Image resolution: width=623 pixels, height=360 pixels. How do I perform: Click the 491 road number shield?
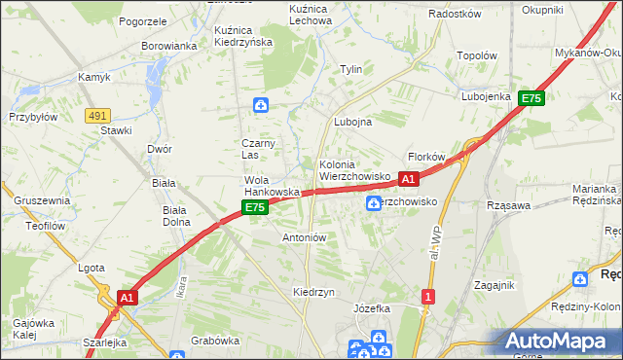(x=96, y=115)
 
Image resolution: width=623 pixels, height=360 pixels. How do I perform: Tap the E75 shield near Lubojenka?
(x=531, y=98)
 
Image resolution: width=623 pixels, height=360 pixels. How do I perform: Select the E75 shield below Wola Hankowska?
(x=254, y=208)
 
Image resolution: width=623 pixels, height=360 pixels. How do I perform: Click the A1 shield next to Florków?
(x=409, y=179)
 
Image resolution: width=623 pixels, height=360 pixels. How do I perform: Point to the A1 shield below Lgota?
(x=127, y=297)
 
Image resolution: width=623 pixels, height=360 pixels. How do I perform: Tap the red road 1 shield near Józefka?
(x=427, y=296)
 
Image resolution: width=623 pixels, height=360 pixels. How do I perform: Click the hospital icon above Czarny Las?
(x=261, y=105)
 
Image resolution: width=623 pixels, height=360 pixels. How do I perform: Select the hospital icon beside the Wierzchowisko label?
(x=374, y=202)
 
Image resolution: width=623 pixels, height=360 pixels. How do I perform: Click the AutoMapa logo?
(x=559, y=342)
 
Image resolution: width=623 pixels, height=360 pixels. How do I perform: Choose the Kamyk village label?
(x=94, y=77)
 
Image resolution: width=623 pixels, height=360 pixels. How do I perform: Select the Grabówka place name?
(x=215, y=341)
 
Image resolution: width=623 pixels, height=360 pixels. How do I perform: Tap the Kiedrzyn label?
(x=313, y=292)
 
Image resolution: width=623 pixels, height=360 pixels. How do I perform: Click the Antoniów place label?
(x=304, y=236)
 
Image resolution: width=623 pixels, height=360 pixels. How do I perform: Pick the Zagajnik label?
(x=494, y=284)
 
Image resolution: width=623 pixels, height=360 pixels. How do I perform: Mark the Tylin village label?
(x=350, y=69)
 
